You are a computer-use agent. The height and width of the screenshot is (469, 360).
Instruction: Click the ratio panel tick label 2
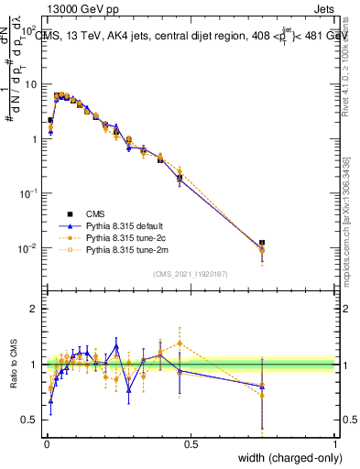point(35,309)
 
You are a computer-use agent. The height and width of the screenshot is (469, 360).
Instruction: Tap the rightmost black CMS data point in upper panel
point(263,243)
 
